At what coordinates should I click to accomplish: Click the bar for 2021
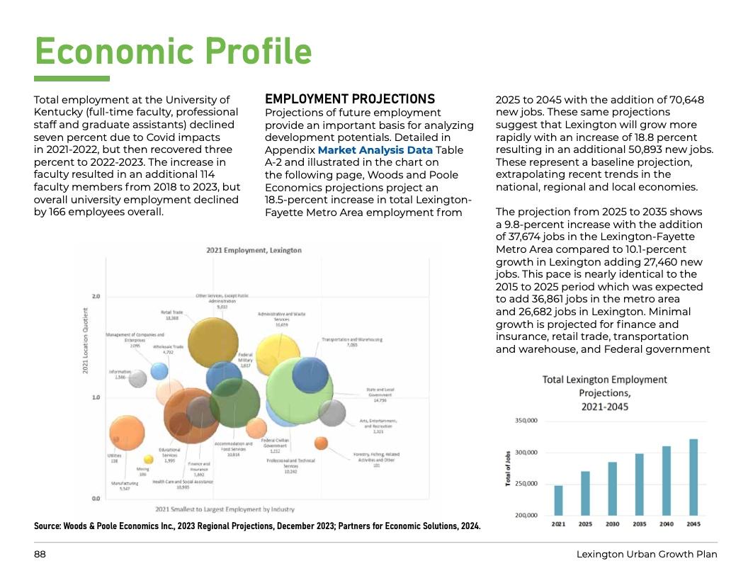point(558,500)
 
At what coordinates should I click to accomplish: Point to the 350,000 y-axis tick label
point(526,421)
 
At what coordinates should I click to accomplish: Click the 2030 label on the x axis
point(612,524)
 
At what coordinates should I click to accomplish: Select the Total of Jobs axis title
point(509,468)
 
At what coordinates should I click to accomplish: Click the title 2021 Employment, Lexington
point(254,250)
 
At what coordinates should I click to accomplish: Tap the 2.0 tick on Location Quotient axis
point(96,296)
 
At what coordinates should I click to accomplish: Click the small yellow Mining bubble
point(149,459)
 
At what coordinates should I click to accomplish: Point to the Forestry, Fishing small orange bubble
point(321,443)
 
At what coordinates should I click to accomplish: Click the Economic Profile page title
point(173,51)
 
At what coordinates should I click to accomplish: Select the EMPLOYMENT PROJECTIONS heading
point(350,99)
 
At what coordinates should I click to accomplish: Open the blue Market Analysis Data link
point(375,150)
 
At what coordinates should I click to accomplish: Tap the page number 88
point(40,554)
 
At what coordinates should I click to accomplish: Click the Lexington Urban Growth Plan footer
point(647,554)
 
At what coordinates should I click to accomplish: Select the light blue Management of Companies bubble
point(160,370)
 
